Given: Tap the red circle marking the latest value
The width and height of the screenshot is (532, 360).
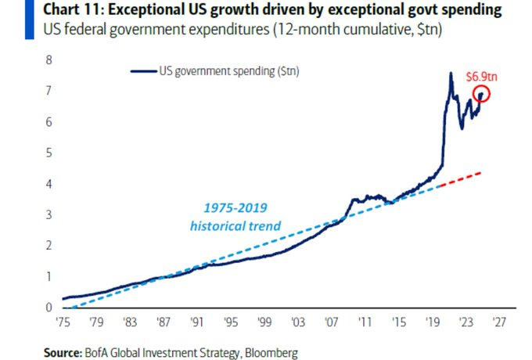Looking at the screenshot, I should tap(481, 94).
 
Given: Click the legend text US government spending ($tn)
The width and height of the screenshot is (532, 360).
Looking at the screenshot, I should tap(228, 71).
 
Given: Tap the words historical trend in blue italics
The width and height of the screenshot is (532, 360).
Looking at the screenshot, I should tap(235, 226).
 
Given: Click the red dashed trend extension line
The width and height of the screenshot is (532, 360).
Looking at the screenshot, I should tap(462, 178).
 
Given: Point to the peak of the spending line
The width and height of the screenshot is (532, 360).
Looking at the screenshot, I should tap(451, 74).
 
